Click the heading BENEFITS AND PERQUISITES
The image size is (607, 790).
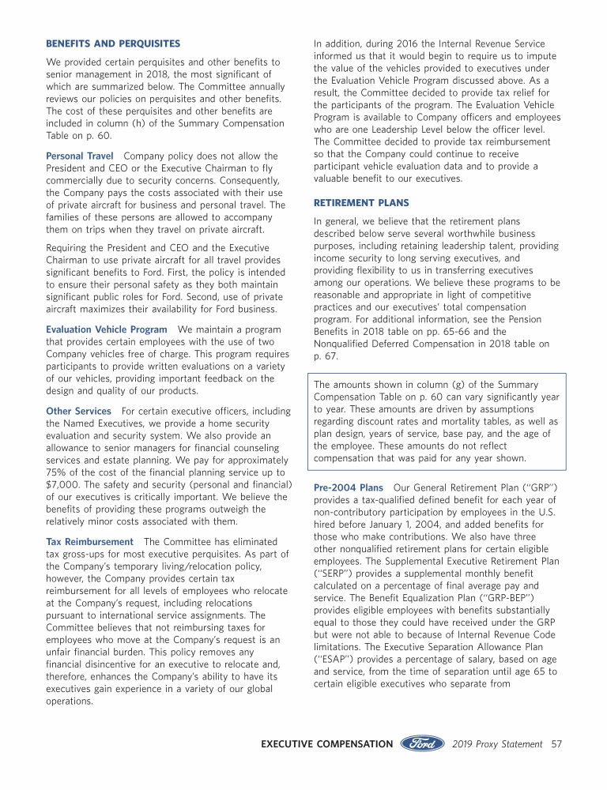click(113, 43)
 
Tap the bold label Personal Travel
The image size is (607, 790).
click(80, 156)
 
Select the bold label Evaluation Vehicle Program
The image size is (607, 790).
click(107, 329)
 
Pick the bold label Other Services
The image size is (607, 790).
click(79, 411)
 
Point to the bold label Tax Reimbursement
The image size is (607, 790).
click(89, 542)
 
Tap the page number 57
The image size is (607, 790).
click(556, 744)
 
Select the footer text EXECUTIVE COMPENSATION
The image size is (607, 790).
click(327, 744)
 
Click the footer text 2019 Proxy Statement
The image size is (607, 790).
click(497, 744)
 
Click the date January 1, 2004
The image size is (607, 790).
click(405, 524)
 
